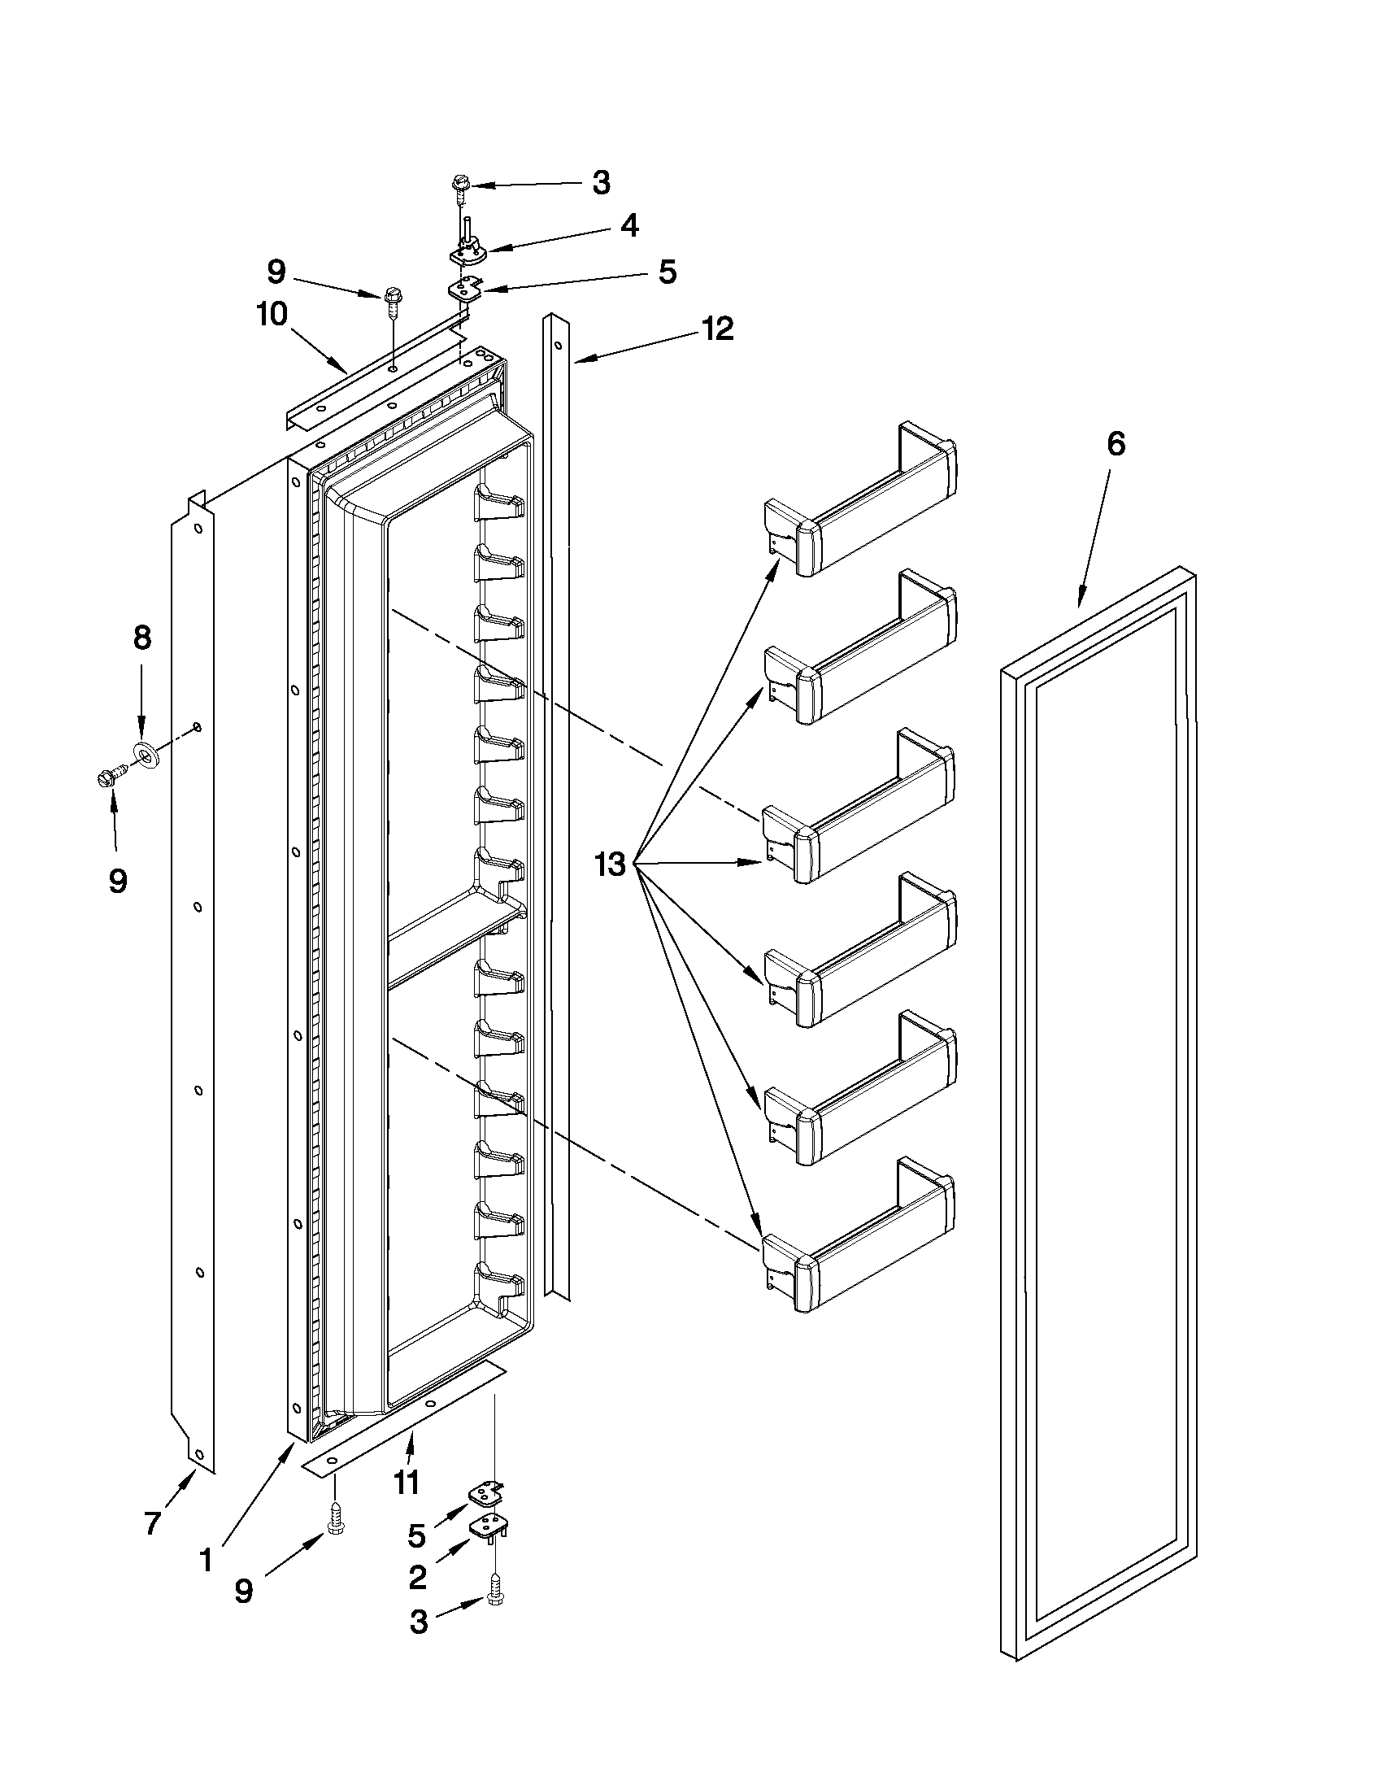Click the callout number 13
coord(611,864)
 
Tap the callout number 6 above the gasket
coord(1116,443)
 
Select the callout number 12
coord(717,329)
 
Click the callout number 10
coord(273,314)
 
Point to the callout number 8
coord(141,637)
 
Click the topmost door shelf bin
coord(860,500)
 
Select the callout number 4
coord(628,226)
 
